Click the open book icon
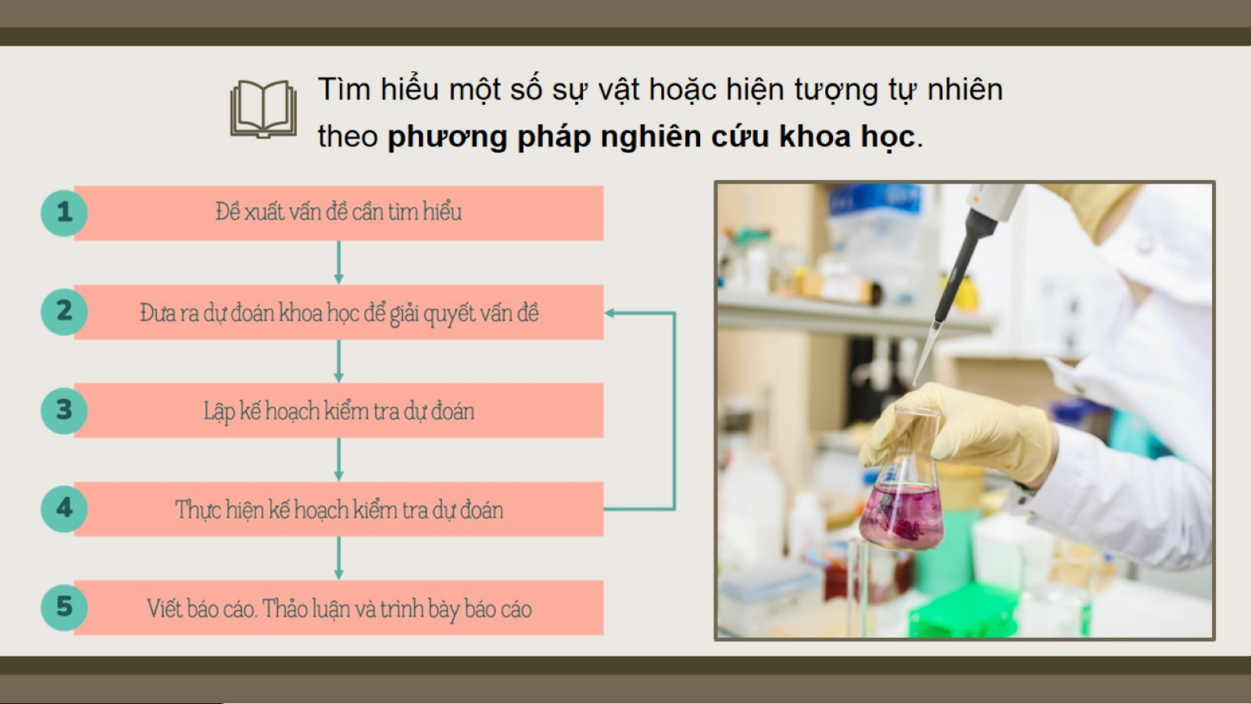pyautogui.click(x=263, y=109)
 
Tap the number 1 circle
pyautogui.click(x=64, y=212)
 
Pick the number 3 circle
pyautogui.click(x=64, y=410)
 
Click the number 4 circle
pyautogui.click(x=64, y=509)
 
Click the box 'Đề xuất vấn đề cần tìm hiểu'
pyautogui.click(x=339, y=213)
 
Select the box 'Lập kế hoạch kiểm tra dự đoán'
pyautogui.click(x=339, y=410)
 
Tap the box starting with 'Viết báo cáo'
pyautogui.click(x=339, y=608)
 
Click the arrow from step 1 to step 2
pyautogui.click(x=339, y=262)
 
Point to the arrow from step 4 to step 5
pyautogui.click(x=339, y=558)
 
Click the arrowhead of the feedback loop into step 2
pyautogui.click(x=610, y=313)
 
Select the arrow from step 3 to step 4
pyautogui.click(x=339, y=460)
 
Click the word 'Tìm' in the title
pyautogui.click(x=344, y=89)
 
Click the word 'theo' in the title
pyautogui.click(x=348, y=137)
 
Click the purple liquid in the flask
pyautogui.click(x=901, y=514)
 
